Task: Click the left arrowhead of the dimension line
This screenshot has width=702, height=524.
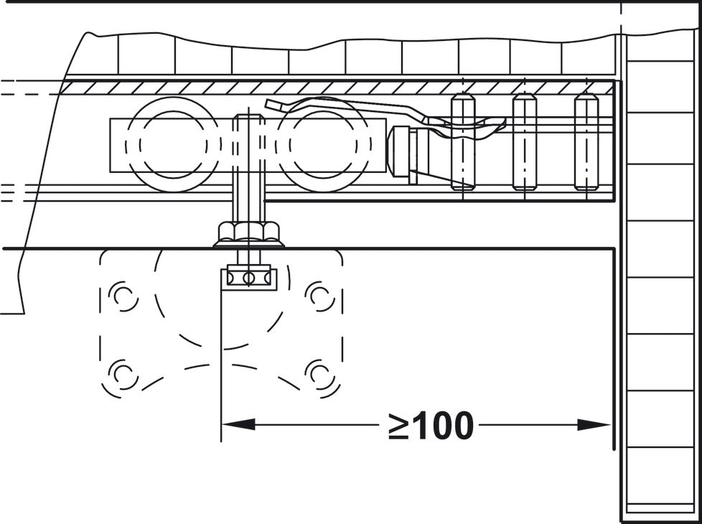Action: point(238,424)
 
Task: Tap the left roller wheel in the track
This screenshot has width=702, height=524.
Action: point(174,144)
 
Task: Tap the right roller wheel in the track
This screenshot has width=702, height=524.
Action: point(323,144)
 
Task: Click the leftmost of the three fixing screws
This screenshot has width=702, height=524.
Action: point(463,141)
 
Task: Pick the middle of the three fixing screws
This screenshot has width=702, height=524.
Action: point(524,141)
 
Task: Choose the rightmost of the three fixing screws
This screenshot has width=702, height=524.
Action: point(586,141)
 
